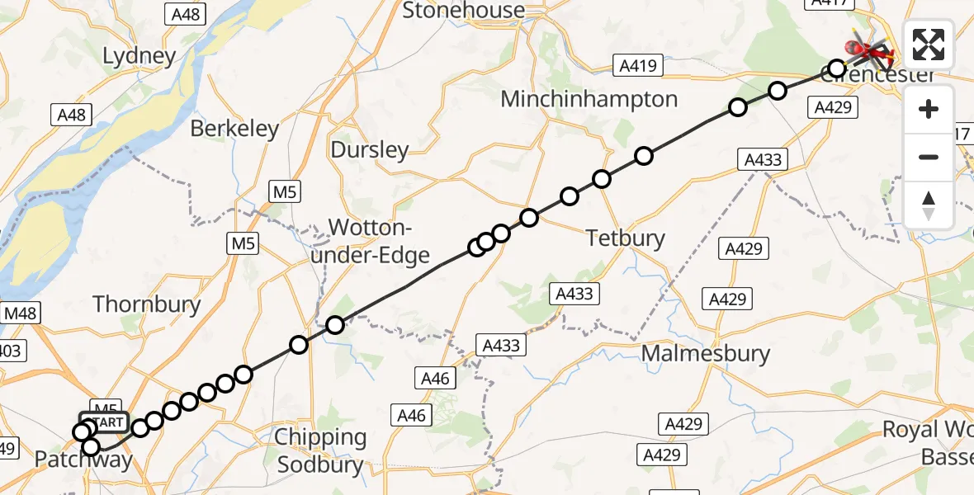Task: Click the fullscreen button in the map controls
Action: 929,45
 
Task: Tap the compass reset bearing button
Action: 929,205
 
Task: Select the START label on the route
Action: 103,422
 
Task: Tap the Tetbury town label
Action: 625,238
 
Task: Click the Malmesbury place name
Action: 705,354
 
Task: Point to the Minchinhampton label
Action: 589,99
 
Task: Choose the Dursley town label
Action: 369,149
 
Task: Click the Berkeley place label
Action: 234,129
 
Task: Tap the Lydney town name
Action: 139,56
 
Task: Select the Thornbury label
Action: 147,304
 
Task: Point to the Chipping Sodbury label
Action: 320,450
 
